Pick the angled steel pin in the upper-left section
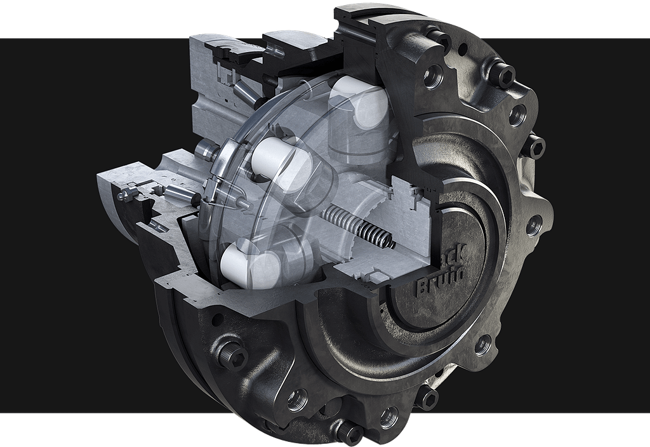click(244, 96)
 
